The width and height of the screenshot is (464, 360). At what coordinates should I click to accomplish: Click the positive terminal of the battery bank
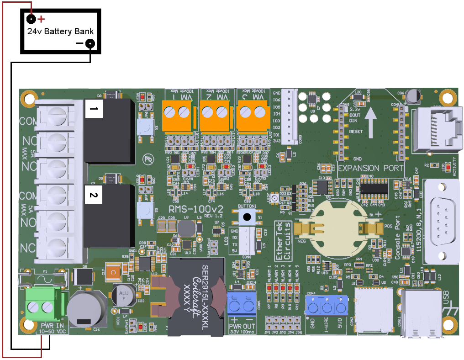31,19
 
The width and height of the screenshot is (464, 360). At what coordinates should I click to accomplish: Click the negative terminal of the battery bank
90,43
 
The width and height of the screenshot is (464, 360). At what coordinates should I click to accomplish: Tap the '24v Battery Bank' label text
60,32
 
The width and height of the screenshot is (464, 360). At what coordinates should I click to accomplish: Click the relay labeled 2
109,219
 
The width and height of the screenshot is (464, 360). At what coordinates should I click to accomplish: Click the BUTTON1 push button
247,217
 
